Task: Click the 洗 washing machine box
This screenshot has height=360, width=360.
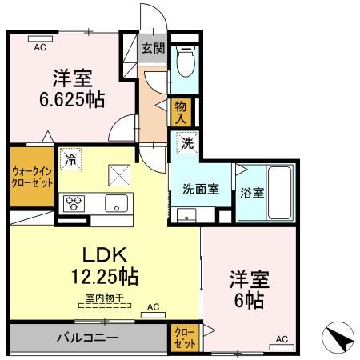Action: [185, 145]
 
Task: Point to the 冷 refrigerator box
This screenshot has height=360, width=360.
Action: [71, 159]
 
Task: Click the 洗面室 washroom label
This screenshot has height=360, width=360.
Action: [200, 190]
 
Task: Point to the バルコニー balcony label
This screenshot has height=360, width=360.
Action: [87, 337]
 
